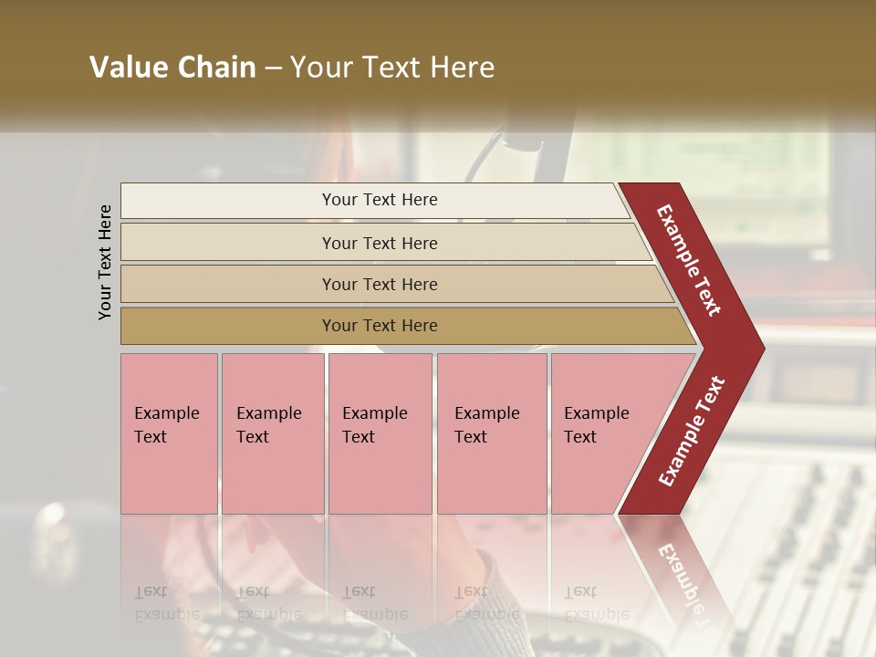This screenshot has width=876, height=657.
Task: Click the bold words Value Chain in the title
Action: point(172,68)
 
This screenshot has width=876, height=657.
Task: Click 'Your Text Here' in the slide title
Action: point(392,68)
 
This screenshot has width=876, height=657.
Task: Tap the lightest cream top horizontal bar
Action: point(228,201)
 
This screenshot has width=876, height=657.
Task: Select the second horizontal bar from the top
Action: point(228,243)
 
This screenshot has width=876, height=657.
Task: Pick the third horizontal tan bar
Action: point(228,285)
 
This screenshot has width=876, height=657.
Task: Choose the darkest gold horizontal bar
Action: point(228,326)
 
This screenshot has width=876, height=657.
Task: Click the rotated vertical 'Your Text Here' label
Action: point(105,262)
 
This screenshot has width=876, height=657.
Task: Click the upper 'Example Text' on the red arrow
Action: point(689,260)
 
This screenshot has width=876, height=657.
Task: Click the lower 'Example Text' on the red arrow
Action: point(692,432)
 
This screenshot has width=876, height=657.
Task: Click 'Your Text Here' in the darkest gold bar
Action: point(380,326)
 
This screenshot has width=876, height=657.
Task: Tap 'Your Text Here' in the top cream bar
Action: point(380,200)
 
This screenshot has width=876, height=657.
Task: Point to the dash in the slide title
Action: point(273,68)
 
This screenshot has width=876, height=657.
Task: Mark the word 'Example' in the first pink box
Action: point(166,413)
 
